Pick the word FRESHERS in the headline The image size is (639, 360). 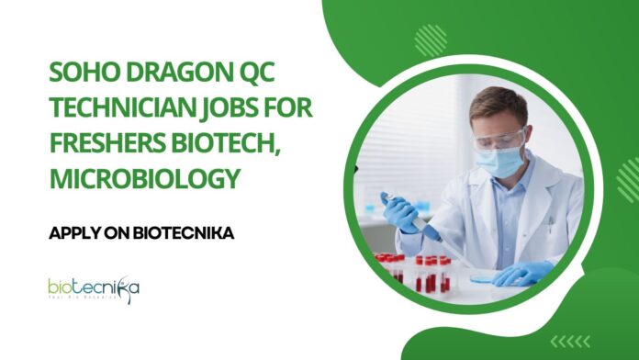click(108, 143)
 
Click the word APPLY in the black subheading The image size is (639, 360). click(74, 233)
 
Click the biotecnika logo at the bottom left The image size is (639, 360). click(94, 289)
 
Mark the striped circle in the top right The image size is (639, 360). click(429, 39)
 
